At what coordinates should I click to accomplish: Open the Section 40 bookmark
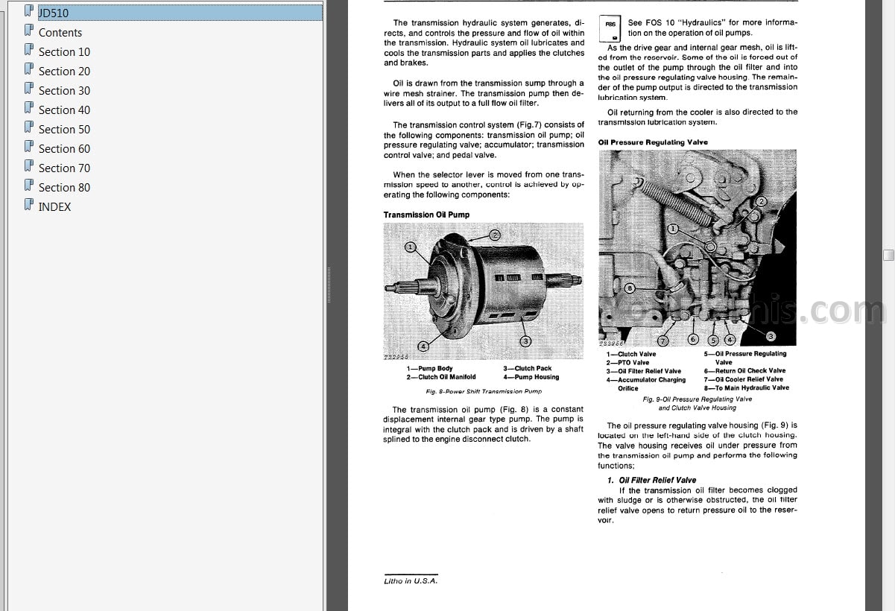pyautogui.click(x=63, y=110)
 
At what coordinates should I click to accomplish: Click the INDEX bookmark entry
pyautogui.click(x=54, y=207)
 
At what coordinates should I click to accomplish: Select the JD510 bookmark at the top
pyautogui.click(x=53, y=13)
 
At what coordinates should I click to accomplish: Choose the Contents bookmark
pyautogui.click(x=60, y=33)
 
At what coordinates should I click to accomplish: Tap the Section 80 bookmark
pyautogui.click(x=63, y=188)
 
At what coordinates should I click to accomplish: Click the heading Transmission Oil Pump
pyautogui.click(x=426, y=215)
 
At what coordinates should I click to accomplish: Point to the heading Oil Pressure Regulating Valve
pyautogui.click(x=653, y=142)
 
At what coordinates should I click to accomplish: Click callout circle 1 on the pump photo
pyautogui.click(x=410, y=247)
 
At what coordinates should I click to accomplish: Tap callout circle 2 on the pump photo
pyautogui.click(x=495, y=234)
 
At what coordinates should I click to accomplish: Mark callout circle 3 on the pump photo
pyautogui.click(x=525, y=341)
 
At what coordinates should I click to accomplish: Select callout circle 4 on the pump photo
pyautogui.click(x=423, y=345)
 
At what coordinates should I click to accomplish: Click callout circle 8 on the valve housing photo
pyautogui.click(x=630, y=288)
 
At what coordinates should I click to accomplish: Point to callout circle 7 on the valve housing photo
pyautogui.click(x=662, y=341)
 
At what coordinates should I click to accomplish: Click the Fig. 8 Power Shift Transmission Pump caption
pyautogui.click(x=484, y=391)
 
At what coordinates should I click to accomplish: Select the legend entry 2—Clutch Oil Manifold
pyautogui.click(x=440, y=377)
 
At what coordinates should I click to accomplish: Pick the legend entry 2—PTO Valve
pyautogui.click(x=627, y=362)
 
